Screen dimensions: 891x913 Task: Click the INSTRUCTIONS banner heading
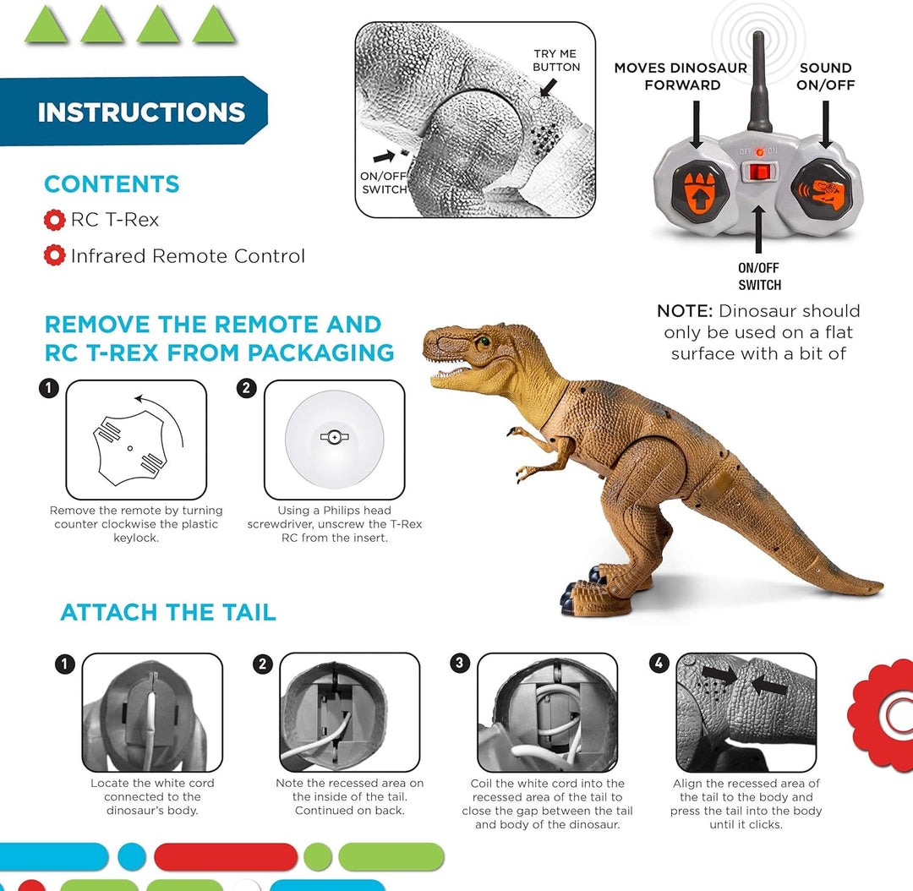(x=141, y=112)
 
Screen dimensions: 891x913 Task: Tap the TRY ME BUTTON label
(x=556, y=60)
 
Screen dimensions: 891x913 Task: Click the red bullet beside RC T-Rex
(x=54, y=221)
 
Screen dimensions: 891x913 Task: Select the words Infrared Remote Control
(x=188, y=256)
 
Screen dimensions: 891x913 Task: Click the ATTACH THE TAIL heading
(x=168, y=612)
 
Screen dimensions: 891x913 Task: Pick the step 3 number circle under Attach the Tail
(x=460, y=663)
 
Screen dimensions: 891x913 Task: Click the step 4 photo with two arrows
(x=746, y=711)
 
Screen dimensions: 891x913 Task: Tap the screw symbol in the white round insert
(x=334, y=437)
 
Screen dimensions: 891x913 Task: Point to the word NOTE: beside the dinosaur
(x=685, y=311)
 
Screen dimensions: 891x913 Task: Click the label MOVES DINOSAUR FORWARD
(x=681, y=76)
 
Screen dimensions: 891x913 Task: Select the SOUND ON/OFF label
(x=825, y=76)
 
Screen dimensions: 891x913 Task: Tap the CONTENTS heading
(x=112, y=184)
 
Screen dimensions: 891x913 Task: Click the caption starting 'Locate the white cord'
(x=152, y=796)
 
